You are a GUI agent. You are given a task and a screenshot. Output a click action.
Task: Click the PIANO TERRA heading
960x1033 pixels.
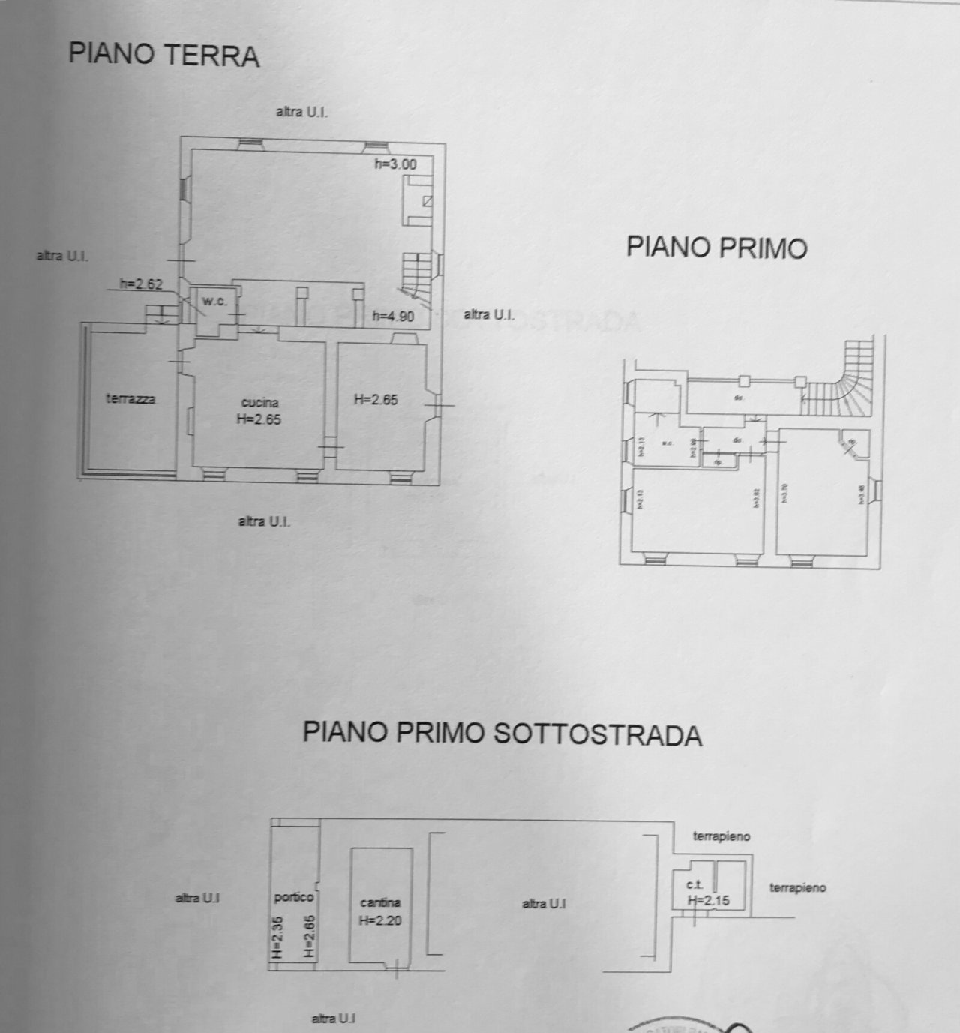(163, 55)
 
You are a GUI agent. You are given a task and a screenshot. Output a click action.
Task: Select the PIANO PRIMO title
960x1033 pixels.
(716, 247)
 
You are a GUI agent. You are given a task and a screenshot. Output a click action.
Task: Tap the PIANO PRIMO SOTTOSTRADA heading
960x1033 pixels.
(502, 733)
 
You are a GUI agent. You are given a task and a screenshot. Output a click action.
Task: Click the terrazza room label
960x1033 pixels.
(130, 399)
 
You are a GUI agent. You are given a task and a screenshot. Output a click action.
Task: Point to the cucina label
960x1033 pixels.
(259, 403)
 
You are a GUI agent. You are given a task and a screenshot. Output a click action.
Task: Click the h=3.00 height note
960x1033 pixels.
(395, 164)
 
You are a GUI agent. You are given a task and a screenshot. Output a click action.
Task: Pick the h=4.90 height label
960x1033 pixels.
(393, 317)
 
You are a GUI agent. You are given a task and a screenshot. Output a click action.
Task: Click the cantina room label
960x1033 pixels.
(380, 902)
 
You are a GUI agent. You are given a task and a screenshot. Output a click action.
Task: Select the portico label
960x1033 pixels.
(293, 896)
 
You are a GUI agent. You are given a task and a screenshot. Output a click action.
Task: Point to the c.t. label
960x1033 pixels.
(693, 885)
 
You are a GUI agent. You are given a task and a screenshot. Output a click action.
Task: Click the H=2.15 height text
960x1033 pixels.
(708, 901)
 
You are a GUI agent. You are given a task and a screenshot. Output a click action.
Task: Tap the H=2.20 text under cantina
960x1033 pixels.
(380, 920)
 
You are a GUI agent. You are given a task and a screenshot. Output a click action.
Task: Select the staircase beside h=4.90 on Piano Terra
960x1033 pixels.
(417, 274)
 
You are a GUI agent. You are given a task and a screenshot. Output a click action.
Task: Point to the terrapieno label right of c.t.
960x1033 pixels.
(797, 887)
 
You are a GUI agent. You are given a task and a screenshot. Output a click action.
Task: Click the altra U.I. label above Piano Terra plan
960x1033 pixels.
(301, 112)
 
